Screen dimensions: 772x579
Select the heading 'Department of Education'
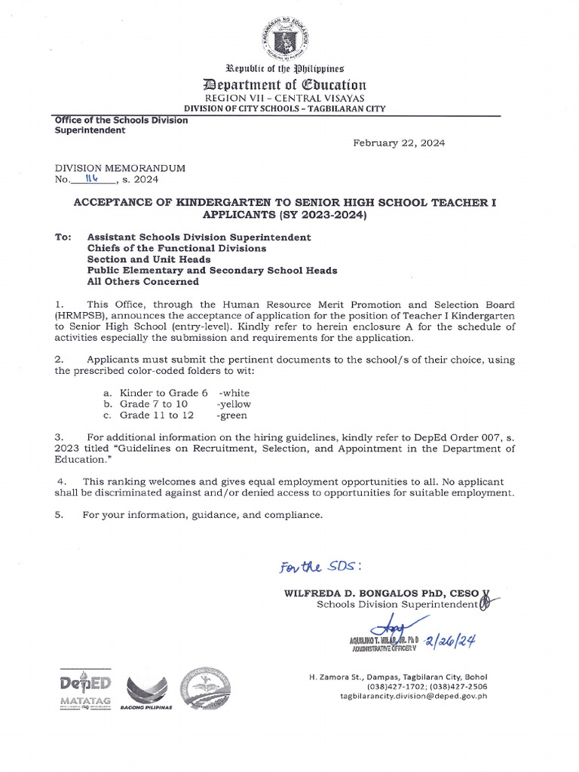coord(289,84)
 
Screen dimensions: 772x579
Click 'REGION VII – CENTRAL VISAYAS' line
coord(289,98)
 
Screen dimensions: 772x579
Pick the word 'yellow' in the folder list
coord(234,404)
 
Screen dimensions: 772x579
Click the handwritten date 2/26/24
coord(452,642)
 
